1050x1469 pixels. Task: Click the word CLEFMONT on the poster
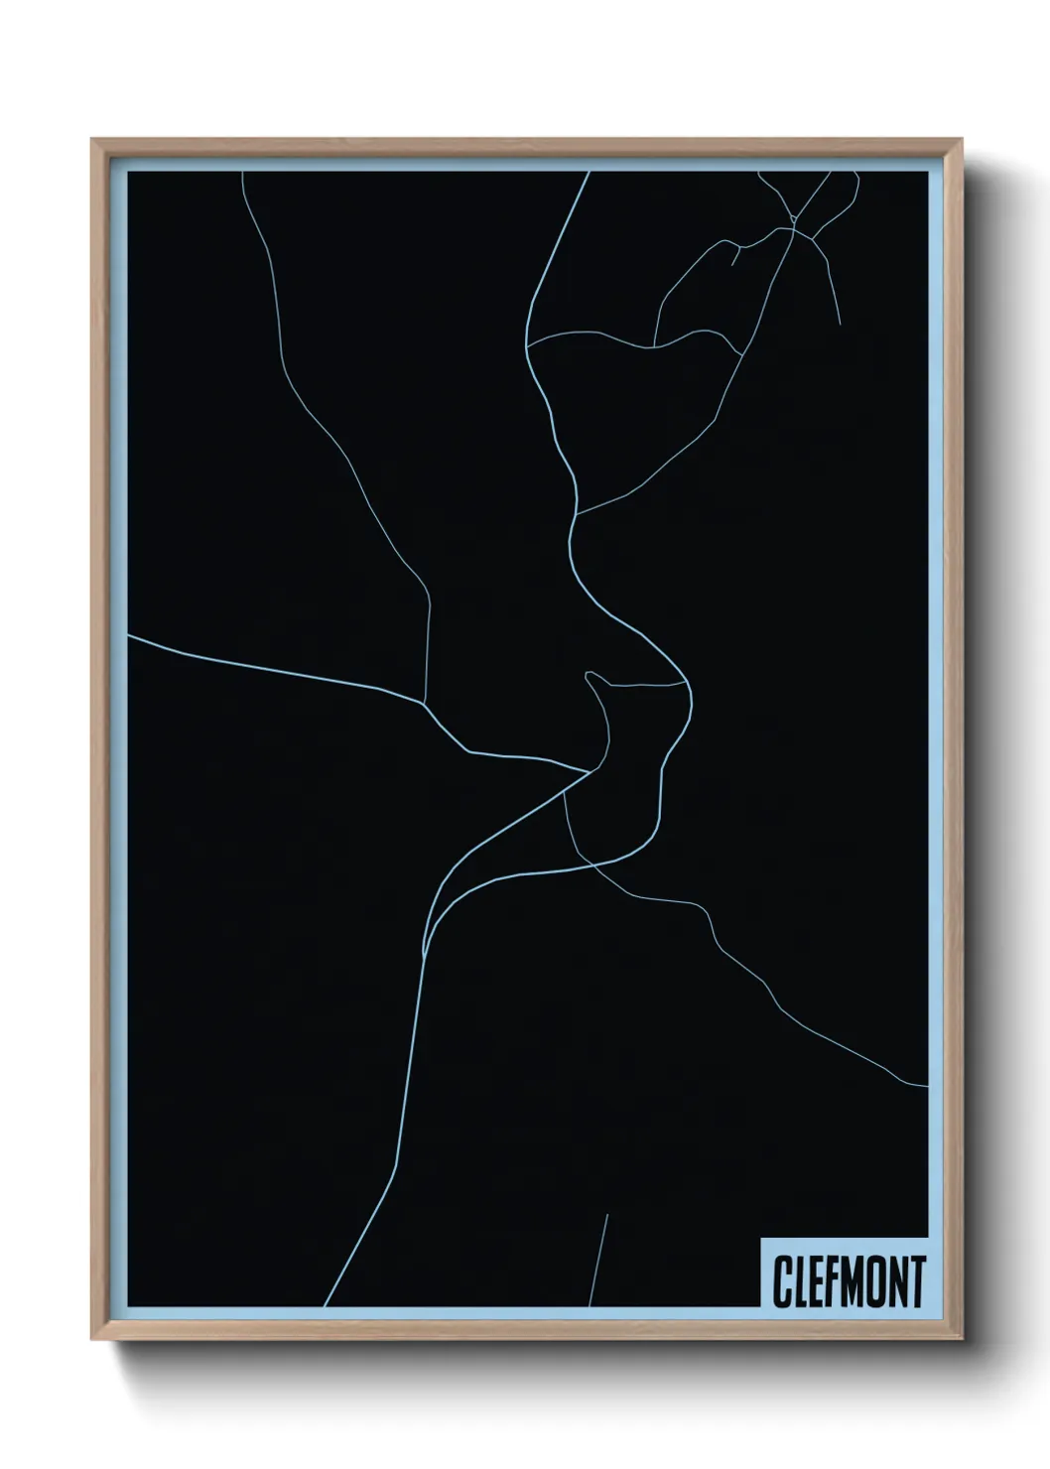point(849,1281)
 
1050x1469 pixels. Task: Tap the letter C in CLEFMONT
point(783,1281)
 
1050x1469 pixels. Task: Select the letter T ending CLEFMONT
point(915,1281)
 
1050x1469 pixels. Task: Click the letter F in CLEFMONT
point(826,1281)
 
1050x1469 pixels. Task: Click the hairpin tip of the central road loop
point(590,677)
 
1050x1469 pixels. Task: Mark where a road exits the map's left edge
point(130,636)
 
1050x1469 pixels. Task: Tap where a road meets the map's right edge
point(926,1086)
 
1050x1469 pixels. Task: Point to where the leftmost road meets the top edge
point(243,174)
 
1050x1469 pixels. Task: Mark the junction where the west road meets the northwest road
point(425,704)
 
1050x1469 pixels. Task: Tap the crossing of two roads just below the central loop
point(593,866)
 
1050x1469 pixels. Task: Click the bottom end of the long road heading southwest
point(326,1303)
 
